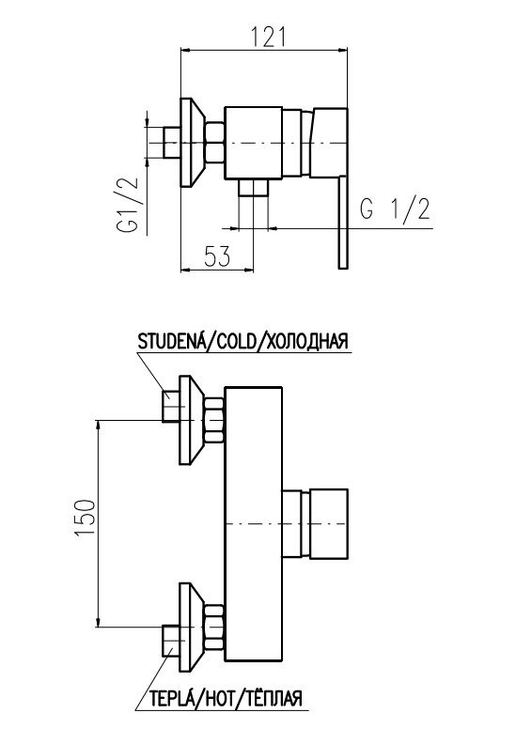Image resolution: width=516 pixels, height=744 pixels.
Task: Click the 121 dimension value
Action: tap(269, 37)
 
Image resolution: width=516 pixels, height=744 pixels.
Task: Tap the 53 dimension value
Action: tap(217, 256)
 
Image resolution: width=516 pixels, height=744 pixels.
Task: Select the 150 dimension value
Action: tap(86, 519)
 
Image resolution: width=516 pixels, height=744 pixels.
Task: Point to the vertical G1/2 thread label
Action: tap(128, 205)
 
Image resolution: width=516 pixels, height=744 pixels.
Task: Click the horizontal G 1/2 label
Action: tap(395, 209)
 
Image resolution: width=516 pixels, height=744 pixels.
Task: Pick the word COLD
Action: tap(236, 341)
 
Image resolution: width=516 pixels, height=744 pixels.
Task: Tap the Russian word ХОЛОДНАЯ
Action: tap(305, 341)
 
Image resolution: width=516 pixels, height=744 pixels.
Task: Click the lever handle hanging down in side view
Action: tap(343, 223)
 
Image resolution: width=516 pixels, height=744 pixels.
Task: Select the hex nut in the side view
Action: tap(214, 143)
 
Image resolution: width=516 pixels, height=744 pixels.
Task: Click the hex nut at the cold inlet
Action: tap(214, 421)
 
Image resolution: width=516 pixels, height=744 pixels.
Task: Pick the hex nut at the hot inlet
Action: tap(214, 627)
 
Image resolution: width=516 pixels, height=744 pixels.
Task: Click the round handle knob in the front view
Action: tap(329, 523)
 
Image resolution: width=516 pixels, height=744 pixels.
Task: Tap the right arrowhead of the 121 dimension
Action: tap(343, 49)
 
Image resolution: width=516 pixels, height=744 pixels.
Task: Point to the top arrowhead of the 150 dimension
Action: tap(99, 426)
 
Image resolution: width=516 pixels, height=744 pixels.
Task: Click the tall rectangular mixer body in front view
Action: tap(254, 524)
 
